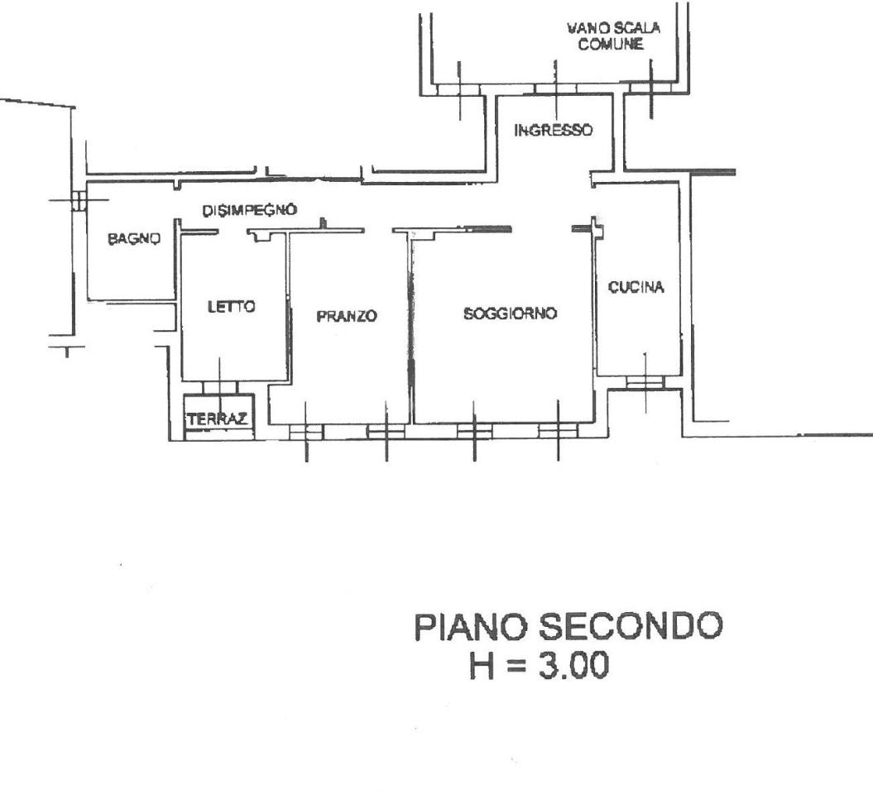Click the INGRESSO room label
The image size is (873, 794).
(553, 130)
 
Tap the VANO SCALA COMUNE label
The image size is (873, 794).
(613, 36)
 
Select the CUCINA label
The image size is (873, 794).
(636, 287)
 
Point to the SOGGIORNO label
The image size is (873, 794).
(510, 313)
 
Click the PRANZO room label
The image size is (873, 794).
(347, 316)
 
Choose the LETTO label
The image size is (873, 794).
(231, 307)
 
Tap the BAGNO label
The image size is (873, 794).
(134, 239)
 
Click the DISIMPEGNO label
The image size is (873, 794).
(249, 210)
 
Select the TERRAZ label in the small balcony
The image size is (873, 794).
(218, 419)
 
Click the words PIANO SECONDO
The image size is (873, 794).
(568, 626)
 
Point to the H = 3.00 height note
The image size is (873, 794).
(539, 666)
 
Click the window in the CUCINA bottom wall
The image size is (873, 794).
(645, 382)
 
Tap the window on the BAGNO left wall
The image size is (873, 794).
(79, 200)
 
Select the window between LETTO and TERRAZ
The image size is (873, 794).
(220, 387)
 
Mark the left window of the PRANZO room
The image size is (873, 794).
(306, 432)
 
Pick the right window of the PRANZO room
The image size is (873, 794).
(386, 432)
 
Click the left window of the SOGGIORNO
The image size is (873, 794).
(474, 432)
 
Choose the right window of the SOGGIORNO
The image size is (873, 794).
(558, 432)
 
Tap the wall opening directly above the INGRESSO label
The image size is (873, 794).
(555, 89)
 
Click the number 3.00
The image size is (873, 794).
(573, 666)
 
